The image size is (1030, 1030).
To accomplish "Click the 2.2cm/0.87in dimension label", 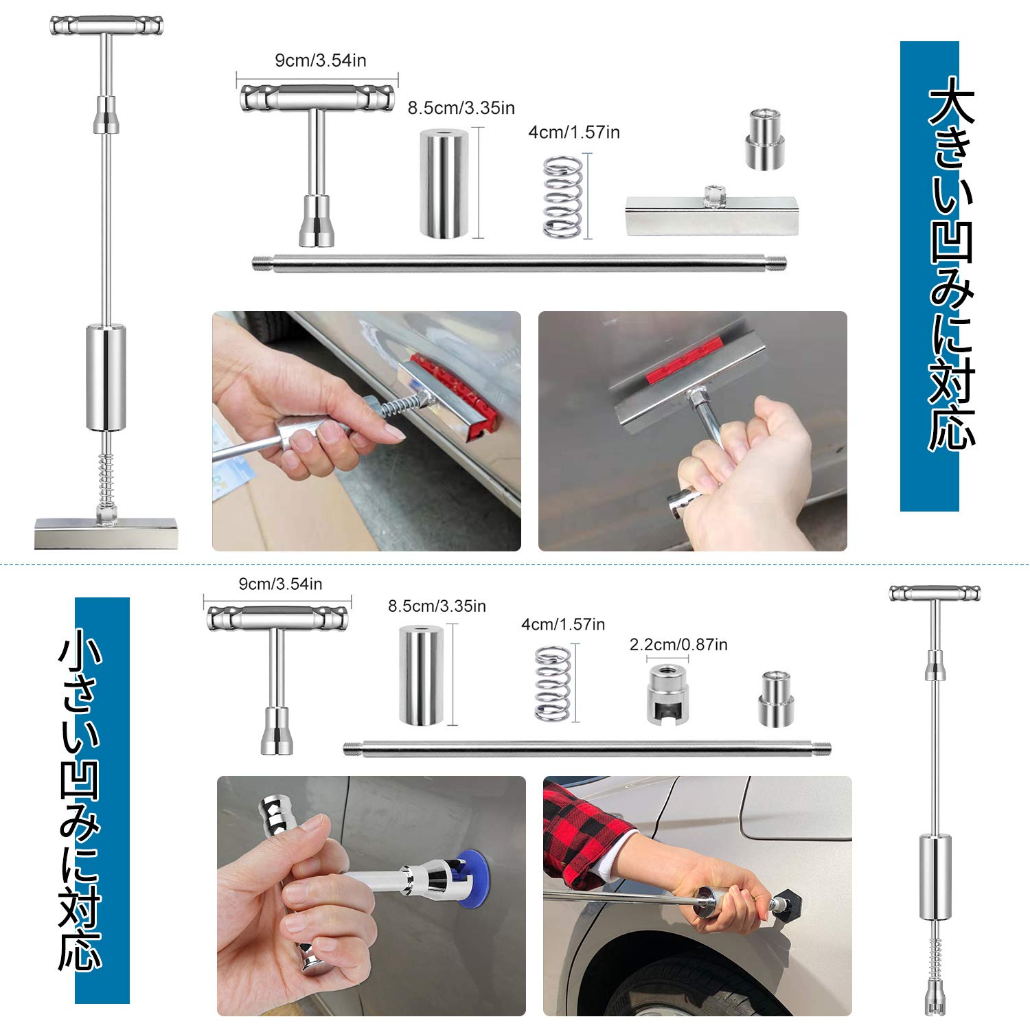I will point(678,645).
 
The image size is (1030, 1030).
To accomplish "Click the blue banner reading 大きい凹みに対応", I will point(929,275).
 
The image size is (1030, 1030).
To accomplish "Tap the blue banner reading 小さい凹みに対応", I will point(102,800).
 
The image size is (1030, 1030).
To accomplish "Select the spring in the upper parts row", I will point(562,197).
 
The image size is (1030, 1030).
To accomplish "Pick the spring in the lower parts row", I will point(553,683).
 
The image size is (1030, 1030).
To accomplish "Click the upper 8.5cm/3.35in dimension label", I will point(461,108).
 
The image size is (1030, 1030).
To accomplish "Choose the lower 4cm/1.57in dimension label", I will point(563,625).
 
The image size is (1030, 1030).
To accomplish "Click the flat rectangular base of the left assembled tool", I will point(106,533).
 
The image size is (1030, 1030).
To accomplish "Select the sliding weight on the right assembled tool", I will point(935,877).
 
